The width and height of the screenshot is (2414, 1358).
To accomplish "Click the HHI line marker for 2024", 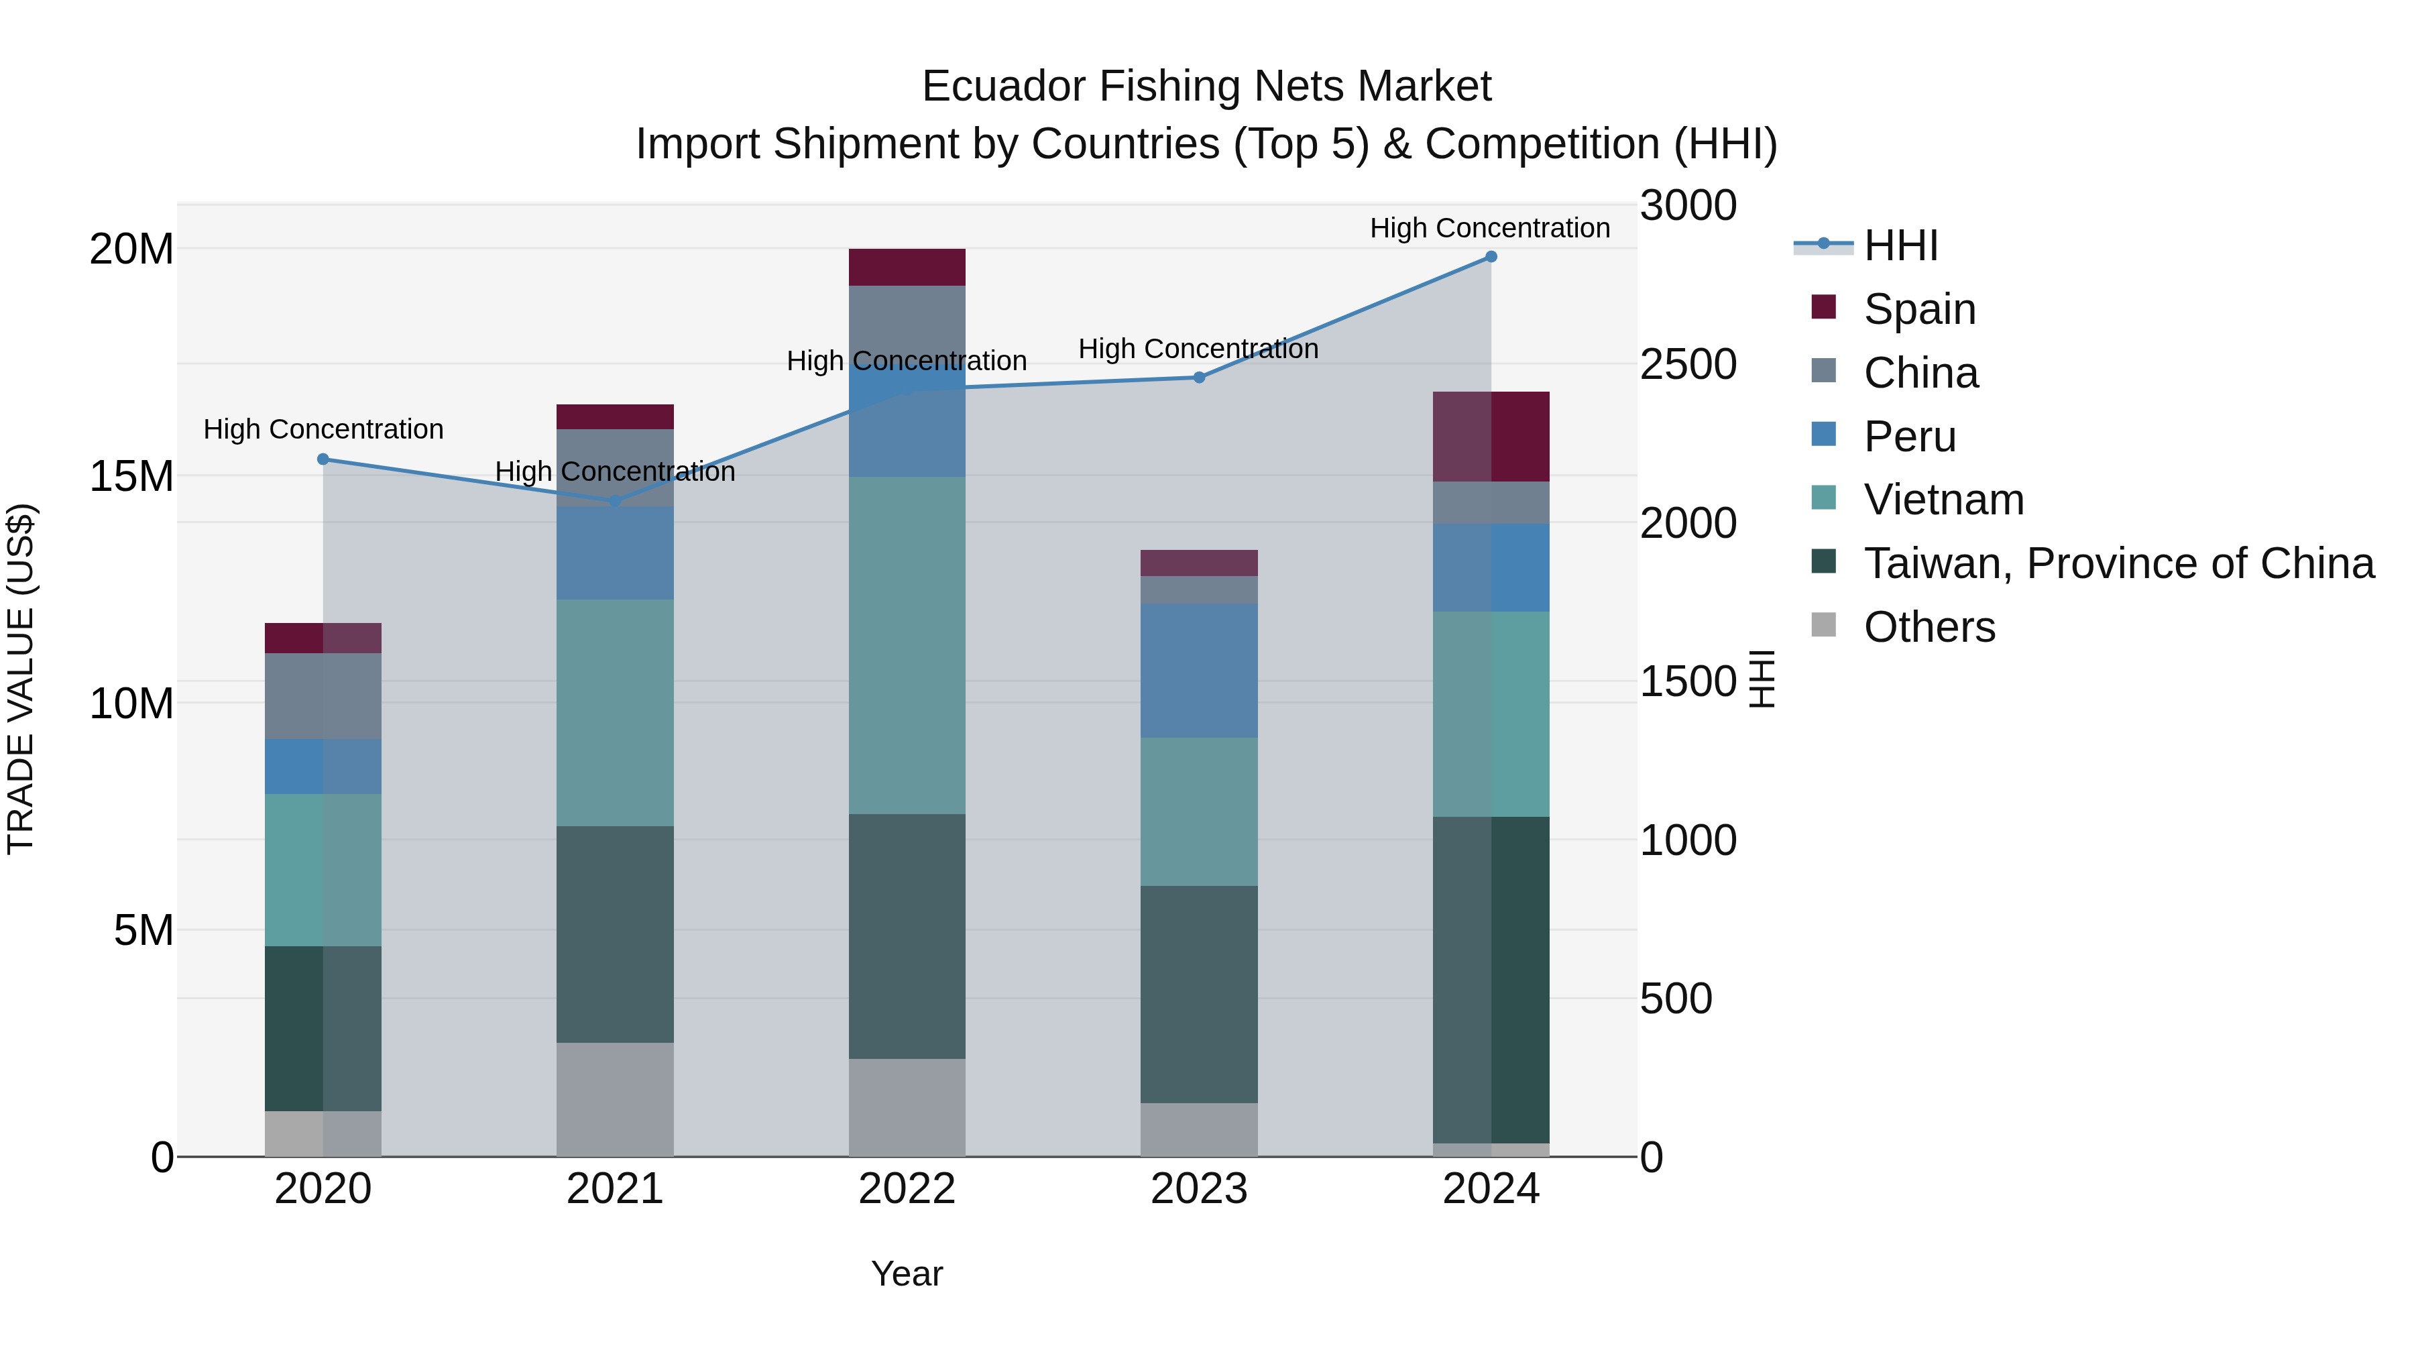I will [x=1491, y=257].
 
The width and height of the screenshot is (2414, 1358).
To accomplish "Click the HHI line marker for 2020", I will [x=323, y=459].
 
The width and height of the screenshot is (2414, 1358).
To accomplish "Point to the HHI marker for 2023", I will [x=1198, y=378].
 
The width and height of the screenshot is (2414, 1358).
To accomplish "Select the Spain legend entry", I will [x=1918, y=309].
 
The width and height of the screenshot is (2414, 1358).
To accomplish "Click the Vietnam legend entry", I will [x=1943, y=500].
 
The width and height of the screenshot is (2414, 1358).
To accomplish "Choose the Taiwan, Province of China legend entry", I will [x=2118, y=563].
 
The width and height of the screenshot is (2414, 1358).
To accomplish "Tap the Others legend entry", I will [x=1929, y=627].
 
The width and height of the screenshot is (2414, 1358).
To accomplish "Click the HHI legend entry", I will [x=1900, y=245].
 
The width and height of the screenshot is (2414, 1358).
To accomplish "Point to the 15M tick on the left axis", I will [x=131, y=476].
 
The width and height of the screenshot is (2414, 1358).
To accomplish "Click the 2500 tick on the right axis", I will [x=1688, y=365].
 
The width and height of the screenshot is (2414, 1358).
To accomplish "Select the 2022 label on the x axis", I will [x=906, y=1189].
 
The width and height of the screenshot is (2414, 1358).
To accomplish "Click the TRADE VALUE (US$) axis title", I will [x=21, y=679].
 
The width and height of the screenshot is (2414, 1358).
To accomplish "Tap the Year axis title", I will [x=906, y=1274].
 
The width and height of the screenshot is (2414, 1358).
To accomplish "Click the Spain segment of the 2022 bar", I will [x=906, y=267].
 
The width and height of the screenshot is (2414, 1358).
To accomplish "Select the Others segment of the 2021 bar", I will [x=615, y=1099].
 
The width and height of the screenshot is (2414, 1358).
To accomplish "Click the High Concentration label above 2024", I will [x=1489, y=228].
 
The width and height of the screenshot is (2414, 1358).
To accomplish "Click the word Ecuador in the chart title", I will [x=1004, y=87].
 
